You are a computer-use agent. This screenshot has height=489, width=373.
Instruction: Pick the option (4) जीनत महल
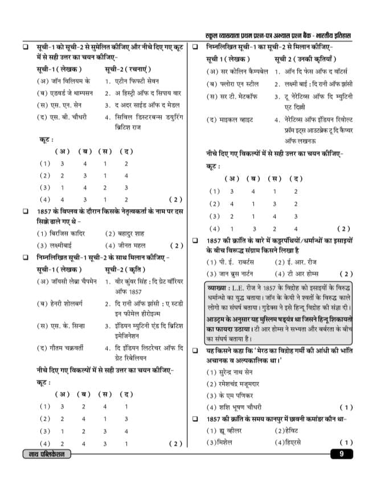[x=126, y=246]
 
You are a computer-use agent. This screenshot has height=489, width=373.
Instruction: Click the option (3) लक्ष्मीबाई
[x=56, y=246]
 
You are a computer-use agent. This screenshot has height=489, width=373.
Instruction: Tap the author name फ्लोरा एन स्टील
[x=235, y=84]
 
